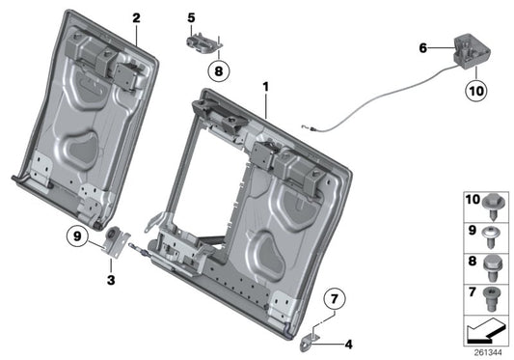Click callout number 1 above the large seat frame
click(263, 87)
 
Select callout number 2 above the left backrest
click(136, 18)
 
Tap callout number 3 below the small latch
click(111, 280)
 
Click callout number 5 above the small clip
click(191, 18)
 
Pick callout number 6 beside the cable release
click(421, 46)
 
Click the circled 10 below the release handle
click(477, 93)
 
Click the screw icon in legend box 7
click(492, 293)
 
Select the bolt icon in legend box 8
click(492, 263)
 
